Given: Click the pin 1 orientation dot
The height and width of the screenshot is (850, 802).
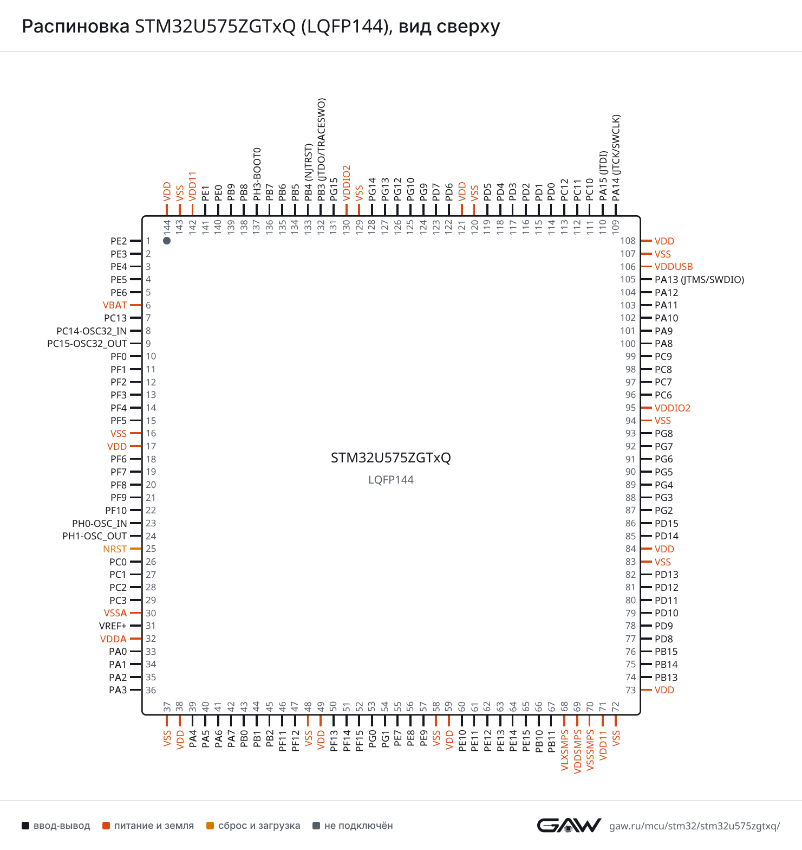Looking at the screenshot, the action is click(167, 241).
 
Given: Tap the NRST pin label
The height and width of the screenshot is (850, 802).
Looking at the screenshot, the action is click(115, 549).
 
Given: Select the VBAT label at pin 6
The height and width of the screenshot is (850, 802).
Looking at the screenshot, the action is click(115, 305).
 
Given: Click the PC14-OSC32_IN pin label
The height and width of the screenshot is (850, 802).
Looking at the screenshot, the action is click(92, 331).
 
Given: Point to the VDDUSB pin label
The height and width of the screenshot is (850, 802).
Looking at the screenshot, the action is click(674, 267).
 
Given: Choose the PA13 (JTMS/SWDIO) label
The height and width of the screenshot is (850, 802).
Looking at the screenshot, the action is click(700, 280).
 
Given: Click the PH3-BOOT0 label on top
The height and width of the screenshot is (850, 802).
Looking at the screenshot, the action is click(257, 174).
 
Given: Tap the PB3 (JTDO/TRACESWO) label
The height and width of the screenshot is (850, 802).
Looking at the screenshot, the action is click(321, 150).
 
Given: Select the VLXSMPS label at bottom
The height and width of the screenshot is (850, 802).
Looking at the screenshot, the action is click(565, 750).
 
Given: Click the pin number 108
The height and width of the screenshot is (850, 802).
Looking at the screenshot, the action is click(628, 241).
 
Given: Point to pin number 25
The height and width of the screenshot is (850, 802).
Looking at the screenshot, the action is click(151, 549).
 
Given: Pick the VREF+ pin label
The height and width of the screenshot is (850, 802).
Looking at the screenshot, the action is click(113, 626).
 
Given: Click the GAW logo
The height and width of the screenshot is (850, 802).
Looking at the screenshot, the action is click(569, 825).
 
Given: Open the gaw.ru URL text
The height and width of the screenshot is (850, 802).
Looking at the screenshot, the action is click(695, 826).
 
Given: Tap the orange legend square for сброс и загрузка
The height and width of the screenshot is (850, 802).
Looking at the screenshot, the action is click(210, 826).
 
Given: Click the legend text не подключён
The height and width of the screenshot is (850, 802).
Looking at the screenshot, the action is click(358, 826).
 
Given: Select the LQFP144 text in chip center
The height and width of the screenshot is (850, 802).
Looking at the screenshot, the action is click(391, 480).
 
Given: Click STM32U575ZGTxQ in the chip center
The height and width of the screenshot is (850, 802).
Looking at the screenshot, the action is click(391, 458).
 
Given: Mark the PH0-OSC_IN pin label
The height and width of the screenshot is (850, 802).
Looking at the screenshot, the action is click(100, 524).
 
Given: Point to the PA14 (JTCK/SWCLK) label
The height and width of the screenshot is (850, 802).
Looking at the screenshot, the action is click(616, 158).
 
